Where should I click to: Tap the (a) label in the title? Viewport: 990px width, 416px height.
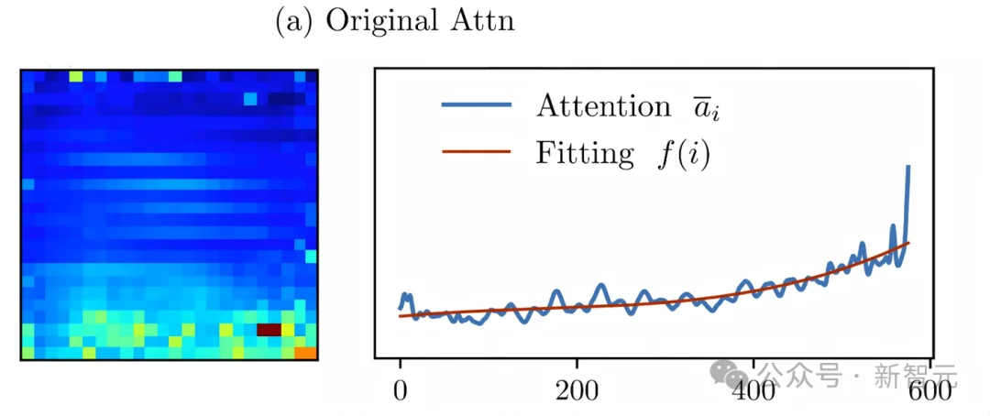pyautogui.click(x=292, y=22)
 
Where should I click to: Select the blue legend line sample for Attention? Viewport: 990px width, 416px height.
pyautogui.click(x=475, y=106)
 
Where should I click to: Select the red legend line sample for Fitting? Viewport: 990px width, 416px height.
pyautogui.click(x=475, y=153)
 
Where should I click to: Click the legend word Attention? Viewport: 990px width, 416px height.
pyautogui.click(x=603, y=106)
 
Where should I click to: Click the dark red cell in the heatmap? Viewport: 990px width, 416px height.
pyautogui.click(x=268, y=329)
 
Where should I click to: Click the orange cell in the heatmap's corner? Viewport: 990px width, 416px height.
pyautogui.click(x=305, y=352)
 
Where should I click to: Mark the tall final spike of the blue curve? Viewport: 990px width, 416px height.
pyautogui.click(x=907, y=170)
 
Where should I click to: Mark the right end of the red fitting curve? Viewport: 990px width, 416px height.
pyautogui.click(x=907, y=242)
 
